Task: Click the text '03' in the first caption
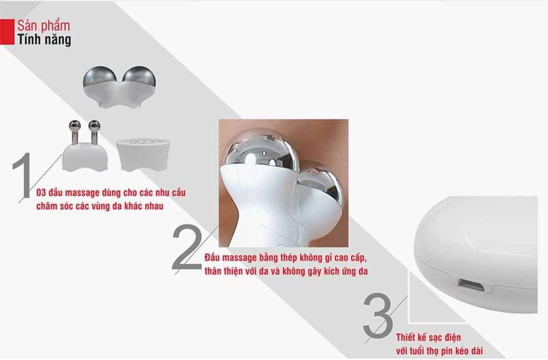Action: (x=41, y=193)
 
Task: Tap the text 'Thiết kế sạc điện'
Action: (x=429, y=338)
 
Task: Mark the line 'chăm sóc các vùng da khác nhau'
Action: (x=100, y=206)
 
